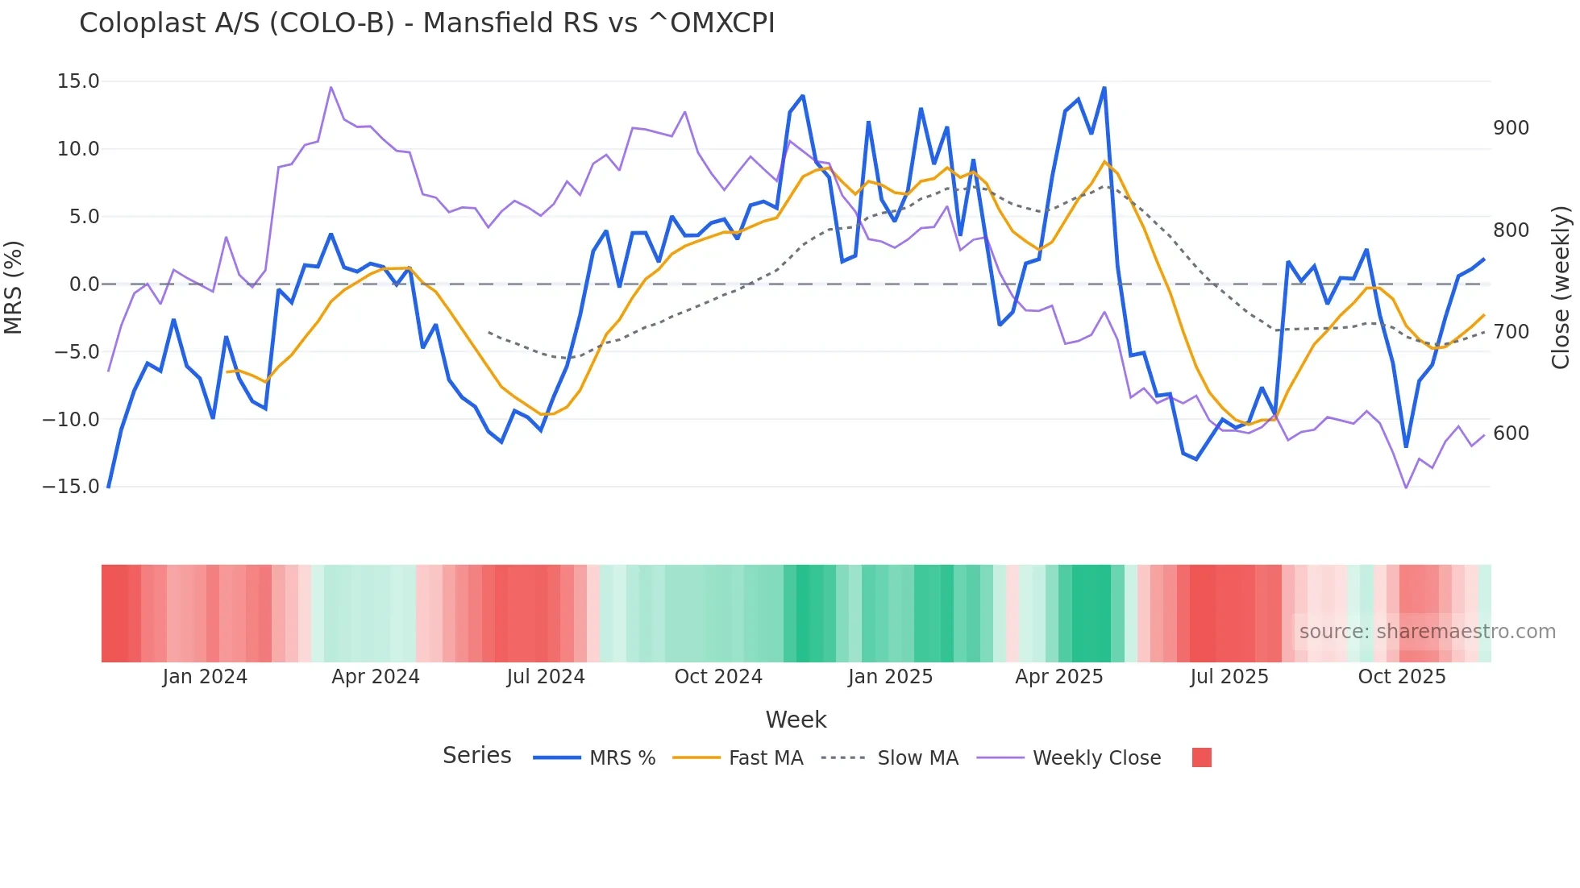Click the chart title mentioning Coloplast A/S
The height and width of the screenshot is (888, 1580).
click(426, 23)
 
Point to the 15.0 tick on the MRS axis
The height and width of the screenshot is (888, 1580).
click(78, 81)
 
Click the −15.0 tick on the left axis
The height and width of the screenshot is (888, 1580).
click(71, 487)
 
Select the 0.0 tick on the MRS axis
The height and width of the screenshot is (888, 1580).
click(84, 284)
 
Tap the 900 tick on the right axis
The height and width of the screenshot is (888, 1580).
click(1511, 128)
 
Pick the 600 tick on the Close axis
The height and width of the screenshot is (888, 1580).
click(1511, 434)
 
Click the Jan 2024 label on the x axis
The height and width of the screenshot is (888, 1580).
click(205, 677)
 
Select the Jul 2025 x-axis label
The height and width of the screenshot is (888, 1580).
click(1229, 677)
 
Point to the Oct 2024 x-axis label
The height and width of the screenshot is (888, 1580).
click(718, 677)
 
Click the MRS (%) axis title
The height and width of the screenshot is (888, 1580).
click(14, 287)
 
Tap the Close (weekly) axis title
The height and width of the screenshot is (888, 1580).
click(1561, 288)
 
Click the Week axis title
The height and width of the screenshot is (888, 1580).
click(796, 720)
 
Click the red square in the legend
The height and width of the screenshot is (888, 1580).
click(1201, 757)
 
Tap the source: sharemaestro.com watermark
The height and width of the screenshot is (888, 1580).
click(1427, 632)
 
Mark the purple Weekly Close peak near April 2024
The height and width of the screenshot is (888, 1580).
click(331, 88)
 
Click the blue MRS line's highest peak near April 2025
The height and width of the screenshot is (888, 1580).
click(1104, 88)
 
